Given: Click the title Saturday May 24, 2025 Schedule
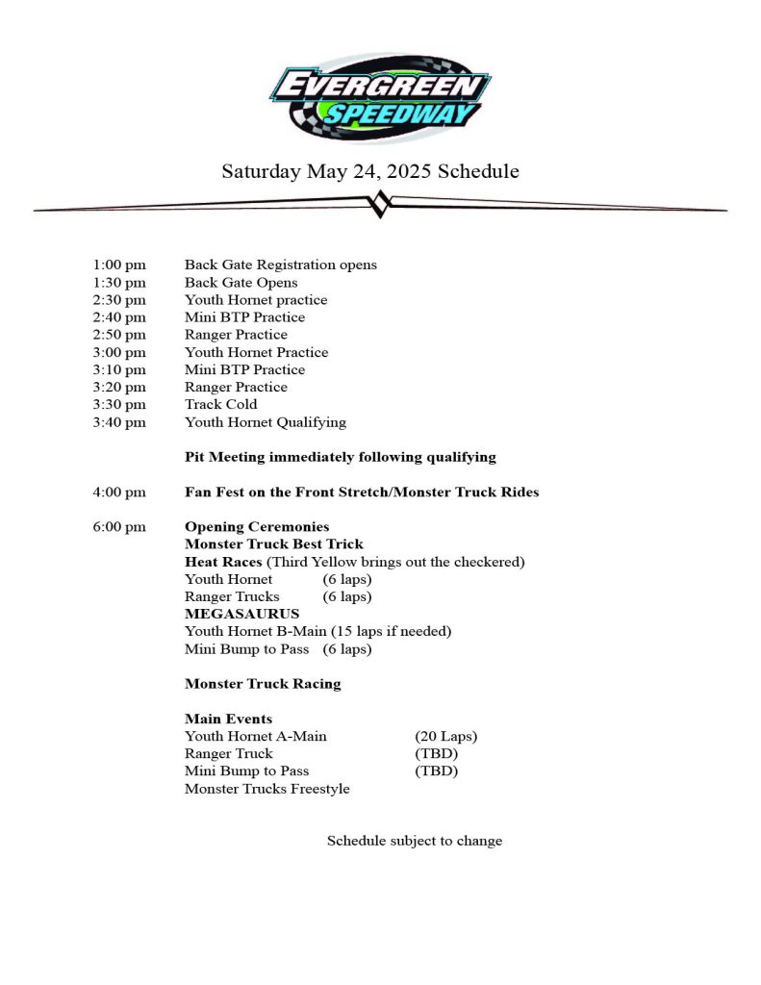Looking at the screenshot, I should pyautogui.click(x=370, y=172).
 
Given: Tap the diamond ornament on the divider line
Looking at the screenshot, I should pyautogui.click(x=380, y=204).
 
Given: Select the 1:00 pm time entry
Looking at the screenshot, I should pyautogui.click(x=119, y=265).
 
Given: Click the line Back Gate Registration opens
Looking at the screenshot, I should pyautogui.click(x=281, y=265).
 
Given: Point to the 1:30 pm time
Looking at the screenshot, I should pyautogui.click(x=119, y=283).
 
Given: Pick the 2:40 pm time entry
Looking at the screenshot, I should pyautogui.click(x=119, y=317).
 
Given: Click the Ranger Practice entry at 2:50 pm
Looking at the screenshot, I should pyautogui.click(x=236, y=335).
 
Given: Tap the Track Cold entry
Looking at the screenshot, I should pyautogui.click(x=221, y=404).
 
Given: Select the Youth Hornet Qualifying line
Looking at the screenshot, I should pyautogui.click(x=266, y=422).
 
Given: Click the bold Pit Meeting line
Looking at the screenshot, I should pyautogui.click(x=341, y=457).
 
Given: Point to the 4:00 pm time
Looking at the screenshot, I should pyautogui.click(x=119, y=492).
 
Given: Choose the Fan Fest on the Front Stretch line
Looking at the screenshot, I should pyautogui.click(x=362, y=492).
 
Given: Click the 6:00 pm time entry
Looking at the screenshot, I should pyautogui.click(x=119, y=527).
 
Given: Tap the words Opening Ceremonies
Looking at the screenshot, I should pyautogui.click(x=257, y=527).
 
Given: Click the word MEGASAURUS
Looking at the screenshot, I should pyautogui.click(x=241, y=614).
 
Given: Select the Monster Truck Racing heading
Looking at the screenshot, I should pyautogui.click(x=263, y=684).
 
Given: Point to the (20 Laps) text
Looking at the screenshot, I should pyautogui.click(x=445, y=737).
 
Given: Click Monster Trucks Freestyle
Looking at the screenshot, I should pyautogui.click(x=267, y=789).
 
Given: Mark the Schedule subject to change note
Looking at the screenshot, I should pyautogui.click(x=415, y=841).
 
